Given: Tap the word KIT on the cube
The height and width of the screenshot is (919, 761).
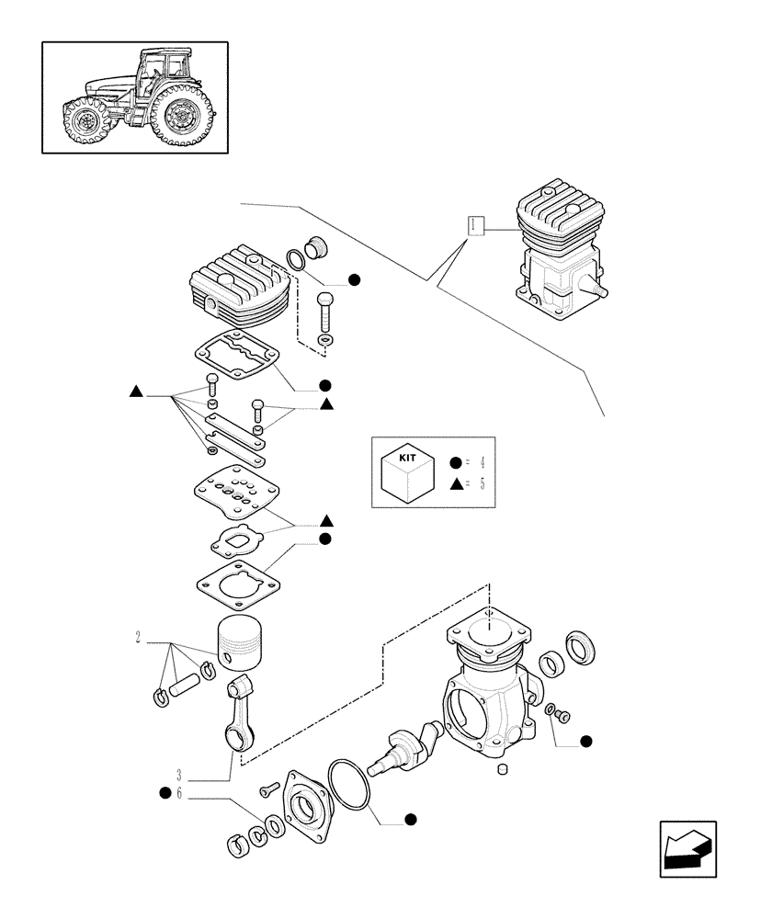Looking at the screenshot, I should pyautogui.click(x=407, y=457).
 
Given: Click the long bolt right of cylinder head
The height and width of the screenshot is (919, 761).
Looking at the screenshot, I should pyautogui.click(x=327, y=312).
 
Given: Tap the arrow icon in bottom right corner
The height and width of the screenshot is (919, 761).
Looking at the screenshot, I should pyautogui.click(x=687, y=850).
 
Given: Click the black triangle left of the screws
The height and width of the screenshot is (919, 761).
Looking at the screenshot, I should pyautogui.click(x=136, y=392).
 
